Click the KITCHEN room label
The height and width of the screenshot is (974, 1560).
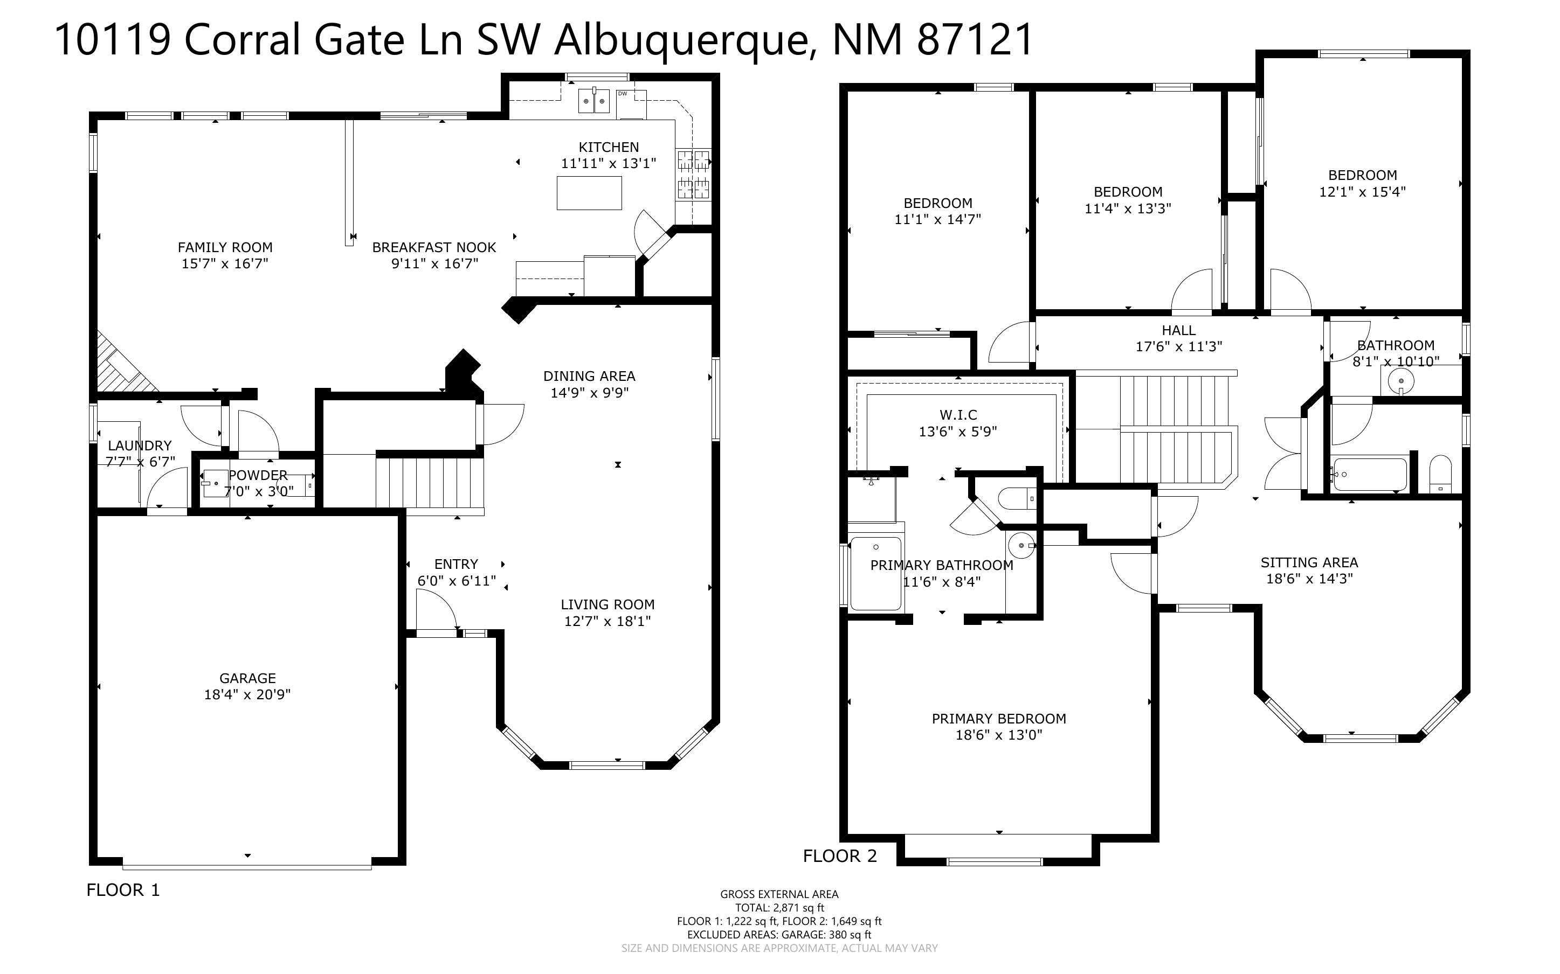pos(608,148)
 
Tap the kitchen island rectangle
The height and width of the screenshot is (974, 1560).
pos(589,193)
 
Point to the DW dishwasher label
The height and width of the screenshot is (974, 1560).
pos(623,93)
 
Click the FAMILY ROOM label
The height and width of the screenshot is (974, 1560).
pos(225,247)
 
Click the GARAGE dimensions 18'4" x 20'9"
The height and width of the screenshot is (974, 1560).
pos(247,694)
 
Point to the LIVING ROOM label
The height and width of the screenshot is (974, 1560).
pos(607,605)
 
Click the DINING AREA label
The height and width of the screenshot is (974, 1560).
pos(589,376)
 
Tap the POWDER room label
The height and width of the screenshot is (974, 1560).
pos(258,475)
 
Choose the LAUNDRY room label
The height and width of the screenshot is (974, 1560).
pos(139,446)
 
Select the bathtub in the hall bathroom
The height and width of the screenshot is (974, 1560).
pos(1369,475)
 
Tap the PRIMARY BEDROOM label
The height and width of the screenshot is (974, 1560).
pos(999,719)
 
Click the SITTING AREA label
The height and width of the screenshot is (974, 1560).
pos(1309,562)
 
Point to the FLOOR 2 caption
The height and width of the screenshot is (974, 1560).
pos(840,856)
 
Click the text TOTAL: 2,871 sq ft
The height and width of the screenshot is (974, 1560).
pos(779,908)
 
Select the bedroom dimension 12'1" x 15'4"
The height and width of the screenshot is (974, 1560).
pos(1362,192)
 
